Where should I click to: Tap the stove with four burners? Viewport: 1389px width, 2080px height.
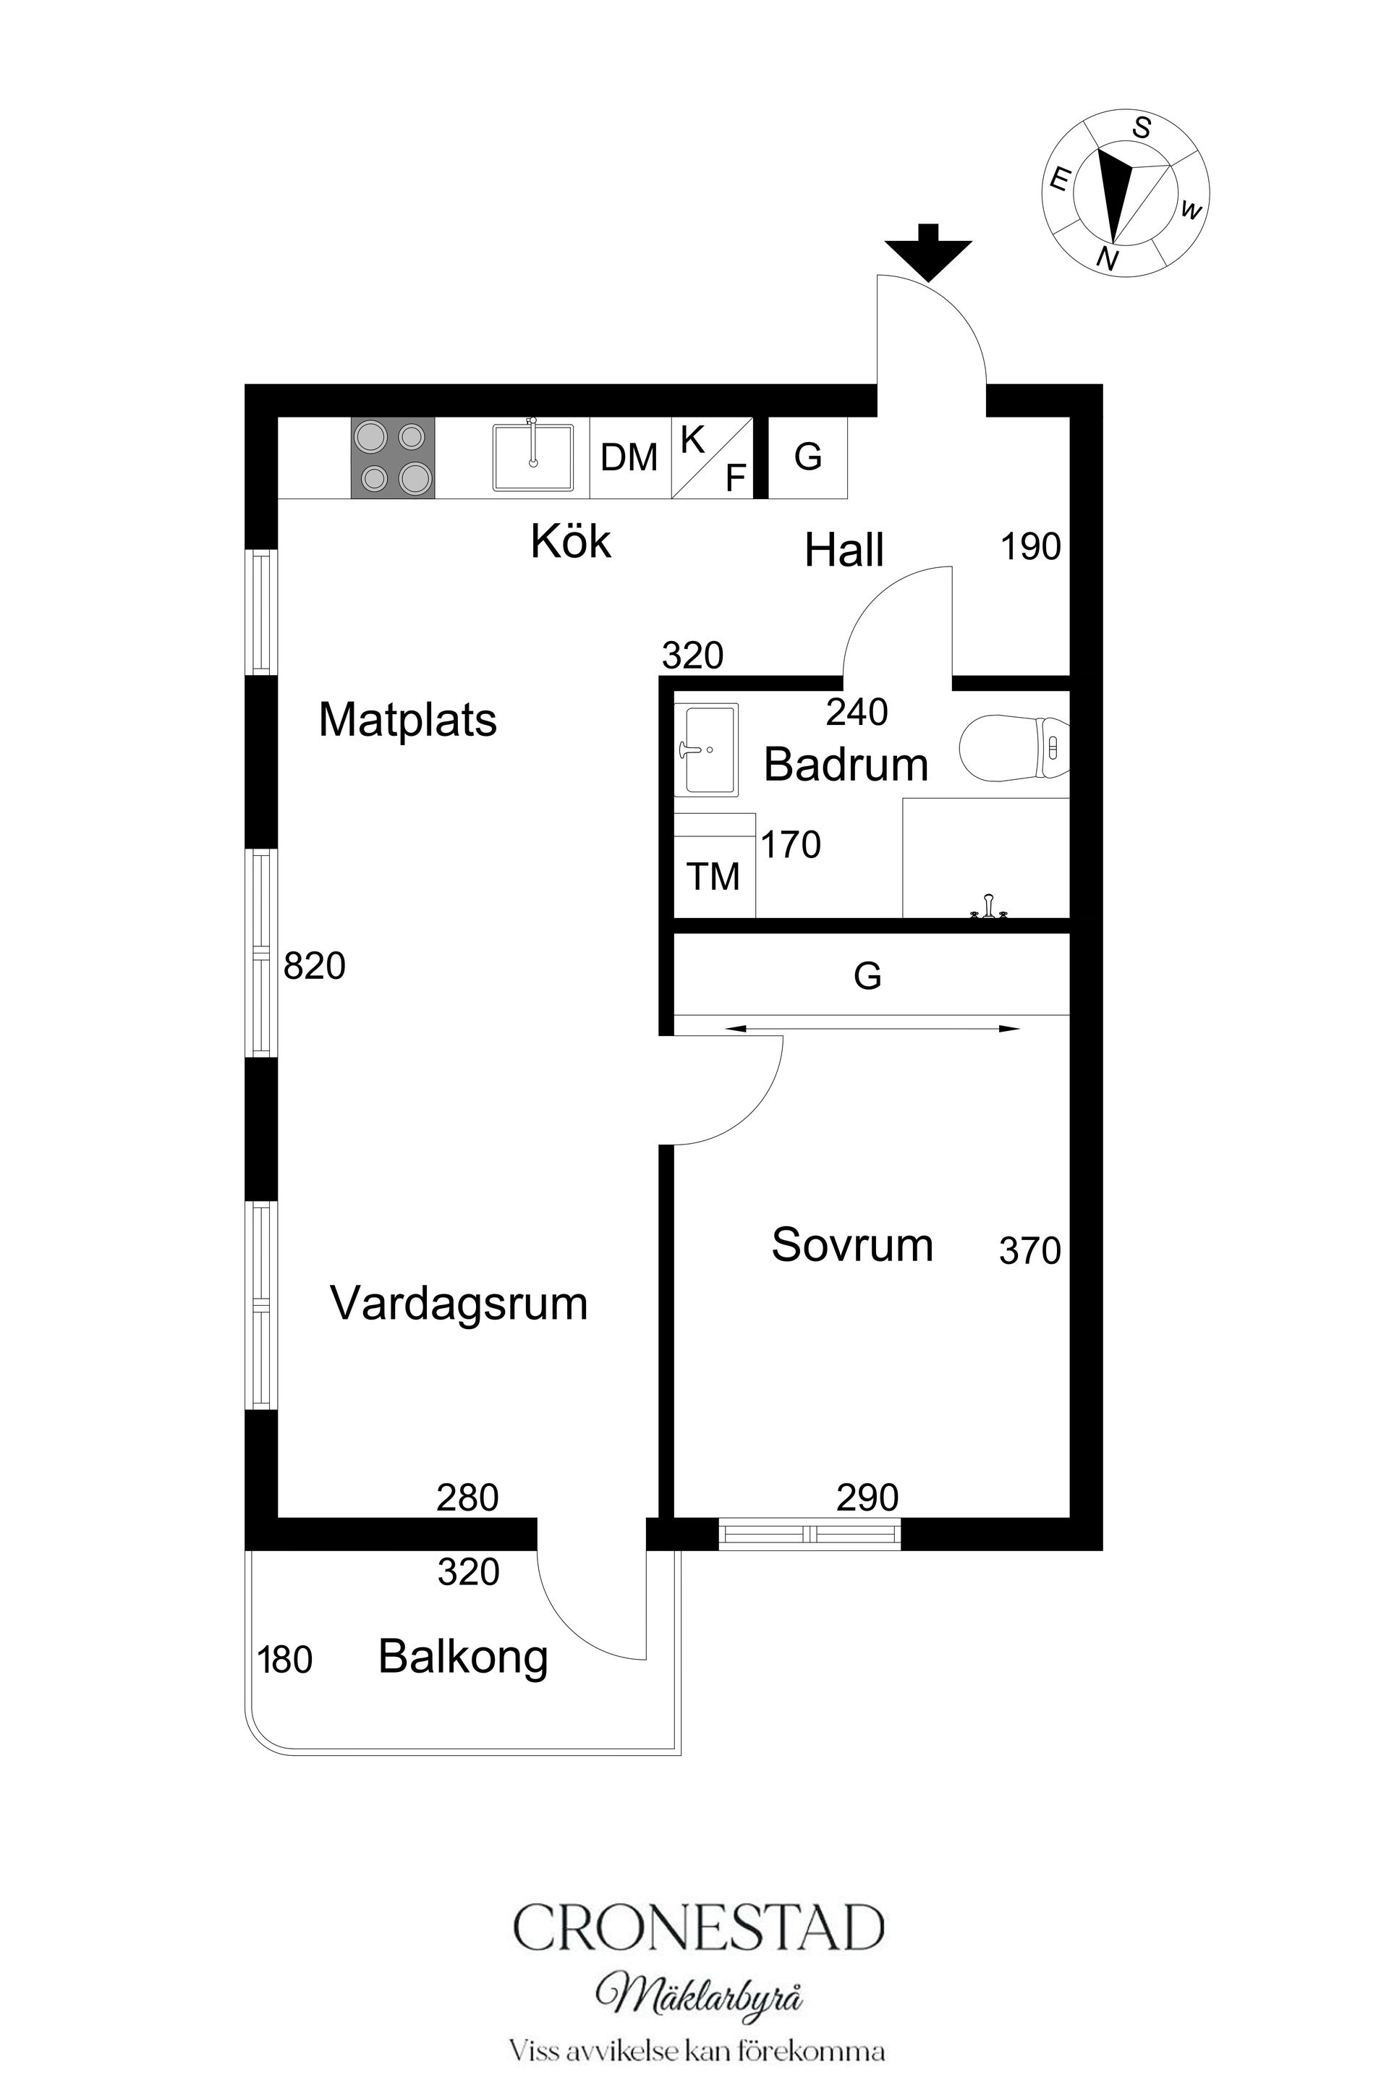tap(392, 457)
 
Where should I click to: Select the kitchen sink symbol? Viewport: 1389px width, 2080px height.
tap(532, 457)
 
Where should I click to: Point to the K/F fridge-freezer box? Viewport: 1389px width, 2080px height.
tap(711, 457)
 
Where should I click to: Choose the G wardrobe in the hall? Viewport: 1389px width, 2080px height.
tap(807, 457)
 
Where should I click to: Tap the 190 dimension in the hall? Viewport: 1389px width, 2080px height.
tap(1030, 548)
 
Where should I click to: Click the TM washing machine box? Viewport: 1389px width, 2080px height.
tap(714, 875)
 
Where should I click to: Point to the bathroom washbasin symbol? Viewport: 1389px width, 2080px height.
tap(706, 750)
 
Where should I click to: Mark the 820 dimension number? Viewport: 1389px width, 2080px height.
tap(315, 966)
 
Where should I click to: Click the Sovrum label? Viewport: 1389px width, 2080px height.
tap(852, 1244)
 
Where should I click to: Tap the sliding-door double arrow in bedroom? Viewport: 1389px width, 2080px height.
tap(872, 1029)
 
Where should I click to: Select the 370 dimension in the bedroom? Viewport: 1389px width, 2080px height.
tap(1029, 1251)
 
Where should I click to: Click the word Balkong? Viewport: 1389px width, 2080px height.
tap(462, 1657)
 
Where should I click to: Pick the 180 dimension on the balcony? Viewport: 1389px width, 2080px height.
tap(285, 1660)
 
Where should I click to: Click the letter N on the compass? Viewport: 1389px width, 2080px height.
tap(1106, 259)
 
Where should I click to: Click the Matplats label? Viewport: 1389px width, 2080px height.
tap(407, 719)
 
